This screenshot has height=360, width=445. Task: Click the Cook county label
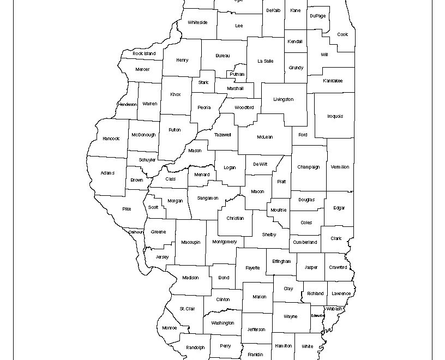pos(342,35)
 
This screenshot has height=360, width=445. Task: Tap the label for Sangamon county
pos(208,198)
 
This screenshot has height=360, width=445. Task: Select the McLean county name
pos(265,137)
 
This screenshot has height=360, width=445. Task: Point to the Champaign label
pos(309,167)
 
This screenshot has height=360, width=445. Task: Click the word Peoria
pos(204,107)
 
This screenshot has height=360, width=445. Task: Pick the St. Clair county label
pos(188,309)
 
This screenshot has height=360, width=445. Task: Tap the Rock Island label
pos(144,53)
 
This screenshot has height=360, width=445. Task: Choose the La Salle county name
pos(265,61)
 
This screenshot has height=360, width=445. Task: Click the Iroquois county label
pos(335,116)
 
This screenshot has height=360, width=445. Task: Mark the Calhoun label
pos(136,232)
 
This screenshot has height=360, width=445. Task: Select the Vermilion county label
pos(340,167)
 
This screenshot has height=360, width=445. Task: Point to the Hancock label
pos(111,139)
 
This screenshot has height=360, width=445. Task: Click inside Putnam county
pos(237,74)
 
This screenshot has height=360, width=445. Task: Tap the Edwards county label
pos(318,315)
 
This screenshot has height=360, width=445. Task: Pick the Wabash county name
pos(334,309)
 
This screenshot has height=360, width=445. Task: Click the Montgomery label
pos(225,242)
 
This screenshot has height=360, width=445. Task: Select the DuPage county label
pos(317,16)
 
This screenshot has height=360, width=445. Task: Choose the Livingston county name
pos(284,99)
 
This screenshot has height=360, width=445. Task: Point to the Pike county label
pos(127,209)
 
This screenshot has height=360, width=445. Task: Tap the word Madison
pos(190,278)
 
